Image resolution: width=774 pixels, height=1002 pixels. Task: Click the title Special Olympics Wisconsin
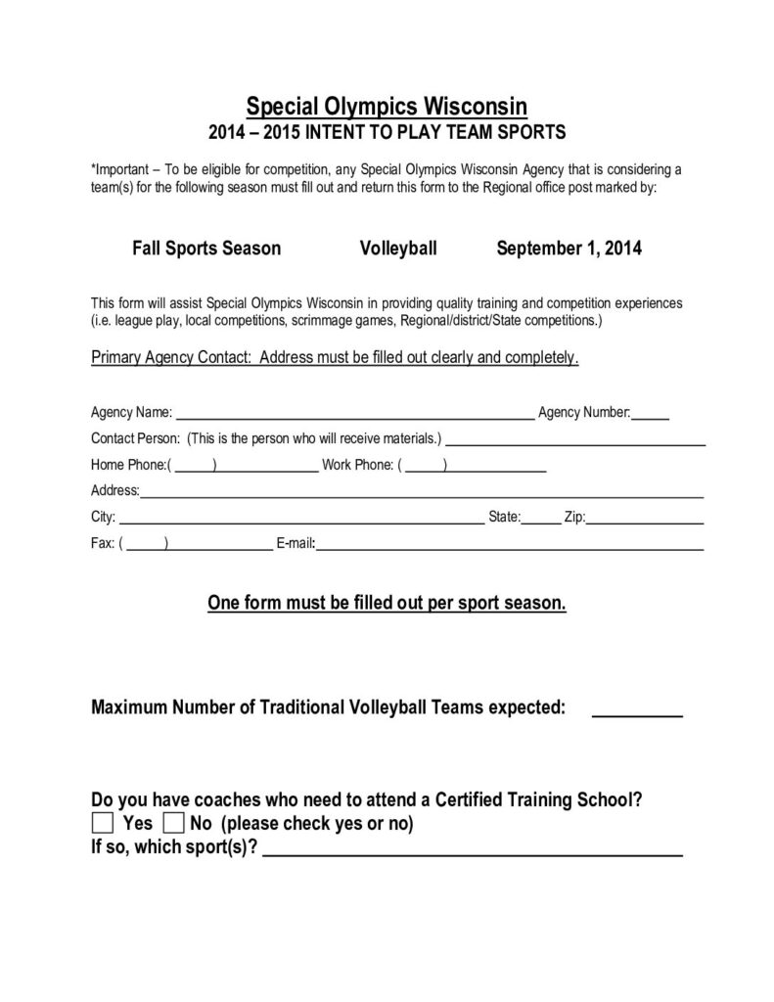(x=387, y=104)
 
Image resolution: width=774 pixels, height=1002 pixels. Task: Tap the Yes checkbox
(x=102, y=822)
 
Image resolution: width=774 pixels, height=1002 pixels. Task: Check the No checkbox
(x=173, y=822)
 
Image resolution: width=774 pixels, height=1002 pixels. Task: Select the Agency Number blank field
(x=651, y=412)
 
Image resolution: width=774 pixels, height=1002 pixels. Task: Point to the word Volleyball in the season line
(x=397, y=249)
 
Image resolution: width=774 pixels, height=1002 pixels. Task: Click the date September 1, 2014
(x=569, y=249)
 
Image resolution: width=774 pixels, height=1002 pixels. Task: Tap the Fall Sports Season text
(x=206, y=249)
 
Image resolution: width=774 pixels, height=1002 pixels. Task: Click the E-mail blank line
(x=509, y=545)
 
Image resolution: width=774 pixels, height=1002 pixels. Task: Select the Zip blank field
(x=645, y=519)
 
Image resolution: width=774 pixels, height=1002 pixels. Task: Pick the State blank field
(x=541, y=519)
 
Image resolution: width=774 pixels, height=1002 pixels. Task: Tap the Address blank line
(x=422, y=492)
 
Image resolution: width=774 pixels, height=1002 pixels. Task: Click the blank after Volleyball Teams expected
(x=637, y=711)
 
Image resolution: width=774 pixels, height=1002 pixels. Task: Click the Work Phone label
(x=357, y=465)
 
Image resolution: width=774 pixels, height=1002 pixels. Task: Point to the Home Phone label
(x=128, y=465)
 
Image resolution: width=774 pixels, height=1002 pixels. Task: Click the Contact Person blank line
(x=576, y=438)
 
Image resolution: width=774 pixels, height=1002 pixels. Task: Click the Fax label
(x=103, y=545)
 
